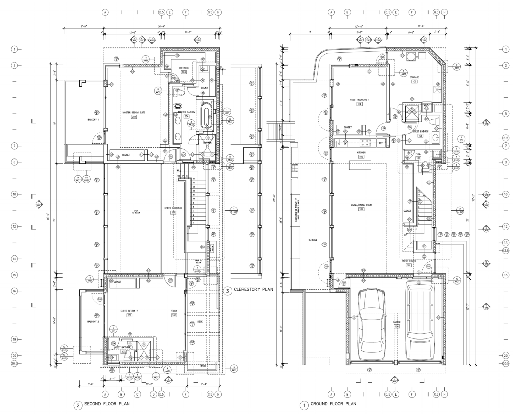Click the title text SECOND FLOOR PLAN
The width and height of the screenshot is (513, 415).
click(107, 404)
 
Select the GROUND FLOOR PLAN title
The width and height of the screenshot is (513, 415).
click(333, 404)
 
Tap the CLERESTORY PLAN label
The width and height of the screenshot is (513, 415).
click(253, 290)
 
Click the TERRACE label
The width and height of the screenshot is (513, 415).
click(313, 240)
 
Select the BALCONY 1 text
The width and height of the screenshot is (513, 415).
click(93, 120)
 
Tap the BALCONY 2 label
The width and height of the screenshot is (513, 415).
click(93, 322)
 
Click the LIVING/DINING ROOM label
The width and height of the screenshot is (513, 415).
click(361, 205)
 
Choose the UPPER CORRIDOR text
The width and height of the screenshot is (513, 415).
click(173, 208)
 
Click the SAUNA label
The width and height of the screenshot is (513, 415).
click(204, 88)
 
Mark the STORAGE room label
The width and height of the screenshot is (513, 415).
click(414, 77)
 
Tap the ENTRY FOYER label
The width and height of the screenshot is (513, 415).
click(408, 261)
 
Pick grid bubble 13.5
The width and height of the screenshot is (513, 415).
click(506, 250)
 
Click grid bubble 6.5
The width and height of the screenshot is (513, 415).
click(506, 138)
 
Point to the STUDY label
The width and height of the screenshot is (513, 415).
click(174, 311)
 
